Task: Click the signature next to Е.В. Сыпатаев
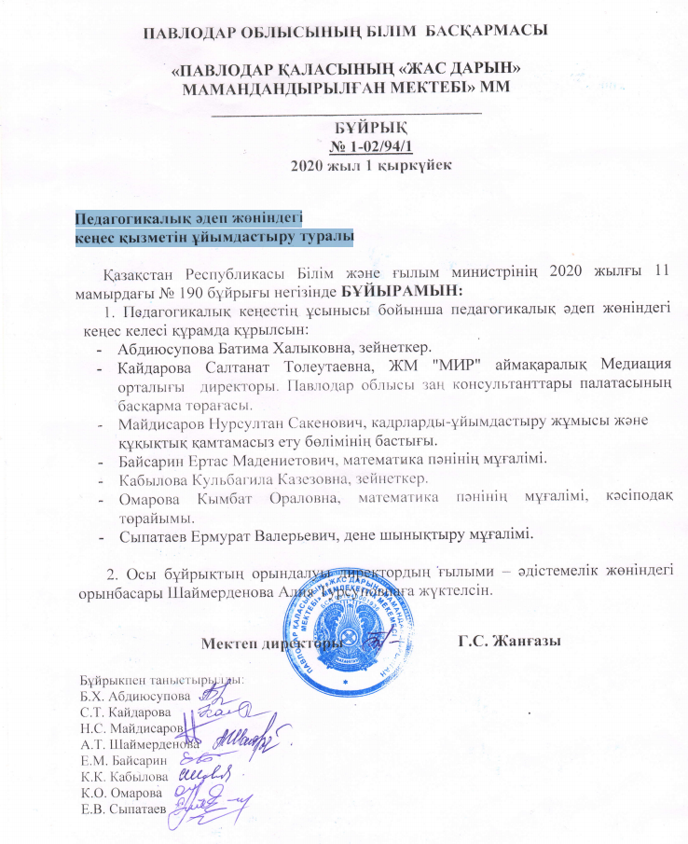[205, 807]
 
